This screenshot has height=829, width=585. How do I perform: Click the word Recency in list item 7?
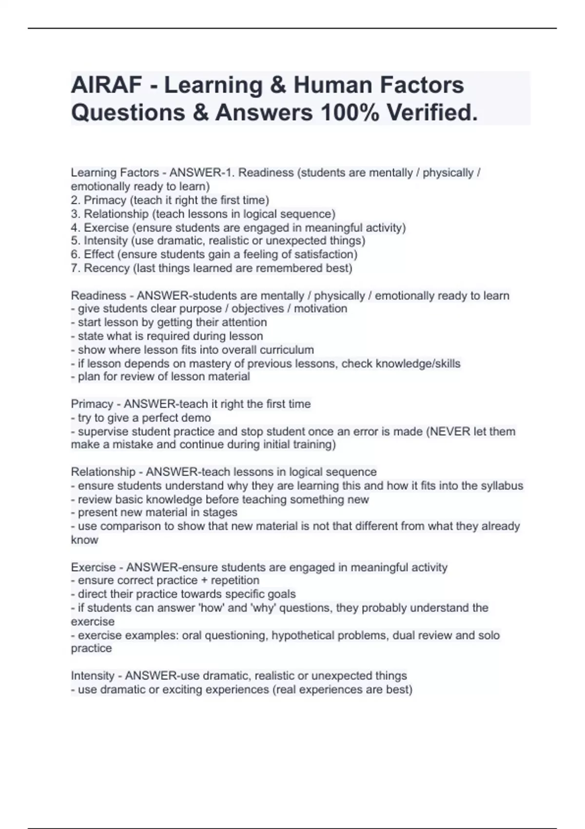[107, 268]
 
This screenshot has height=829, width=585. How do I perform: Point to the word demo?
[197, 418]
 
